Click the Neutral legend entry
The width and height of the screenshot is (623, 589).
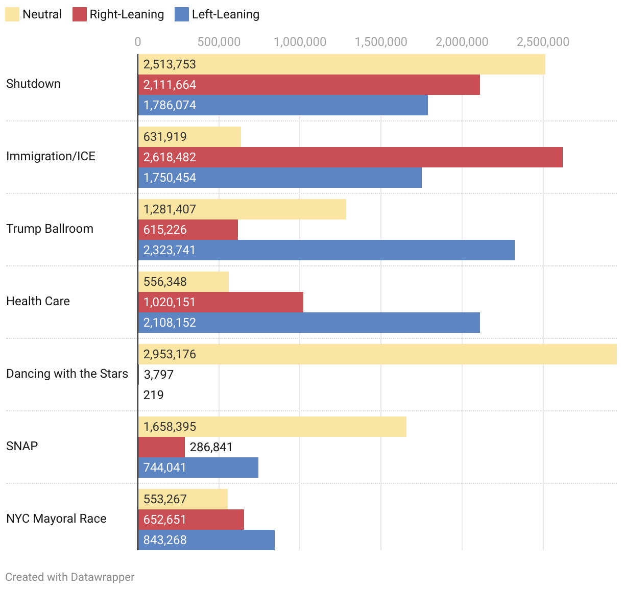click(x=34, y=14)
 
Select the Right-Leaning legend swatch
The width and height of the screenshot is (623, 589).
click(x=80, y=14)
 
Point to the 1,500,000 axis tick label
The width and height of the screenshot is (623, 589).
click(x=381, y=42)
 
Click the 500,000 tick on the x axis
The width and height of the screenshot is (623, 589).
click(x=219, y=42)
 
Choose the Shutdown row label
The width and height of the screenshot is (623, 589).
click(x=33, y=84)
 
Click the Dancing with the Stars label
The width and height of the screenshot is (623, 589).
click(x=67, y=374)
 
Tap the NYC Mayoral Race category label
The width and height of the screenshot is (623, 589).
click(x=56, y=519)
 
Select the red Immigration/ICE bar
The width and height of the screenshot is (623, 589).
click(x=350, y=157)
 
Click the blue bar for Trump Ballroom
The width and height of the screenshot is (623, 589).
click(x=326, y=250)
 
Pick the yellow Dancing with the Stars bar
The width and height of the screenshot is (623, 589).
click(x=377, y=354)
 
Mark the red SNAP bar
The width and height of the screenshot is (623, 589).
click(x=161, y=447)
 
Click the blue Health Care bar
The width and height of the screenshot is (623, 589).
click(x=309, y=323)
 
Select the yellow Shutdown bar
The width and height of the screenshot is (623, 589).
click(x=342, y=64)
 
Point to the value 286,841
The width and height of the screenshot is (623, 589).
click(x=211, y=447)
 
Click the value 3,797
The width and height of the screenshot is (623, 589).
click(x=158, y=375)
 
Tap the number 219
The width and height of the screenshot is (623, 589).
click(x=153, y=395)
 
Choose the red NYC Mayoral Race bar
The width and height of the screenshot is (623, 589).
click(x=191, y=520)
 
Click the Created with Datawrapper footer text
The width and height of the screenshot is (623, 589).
click(x=70, y=577)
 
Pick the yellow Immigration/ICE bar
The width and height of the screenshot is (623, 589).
click(x=189, y=137)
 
